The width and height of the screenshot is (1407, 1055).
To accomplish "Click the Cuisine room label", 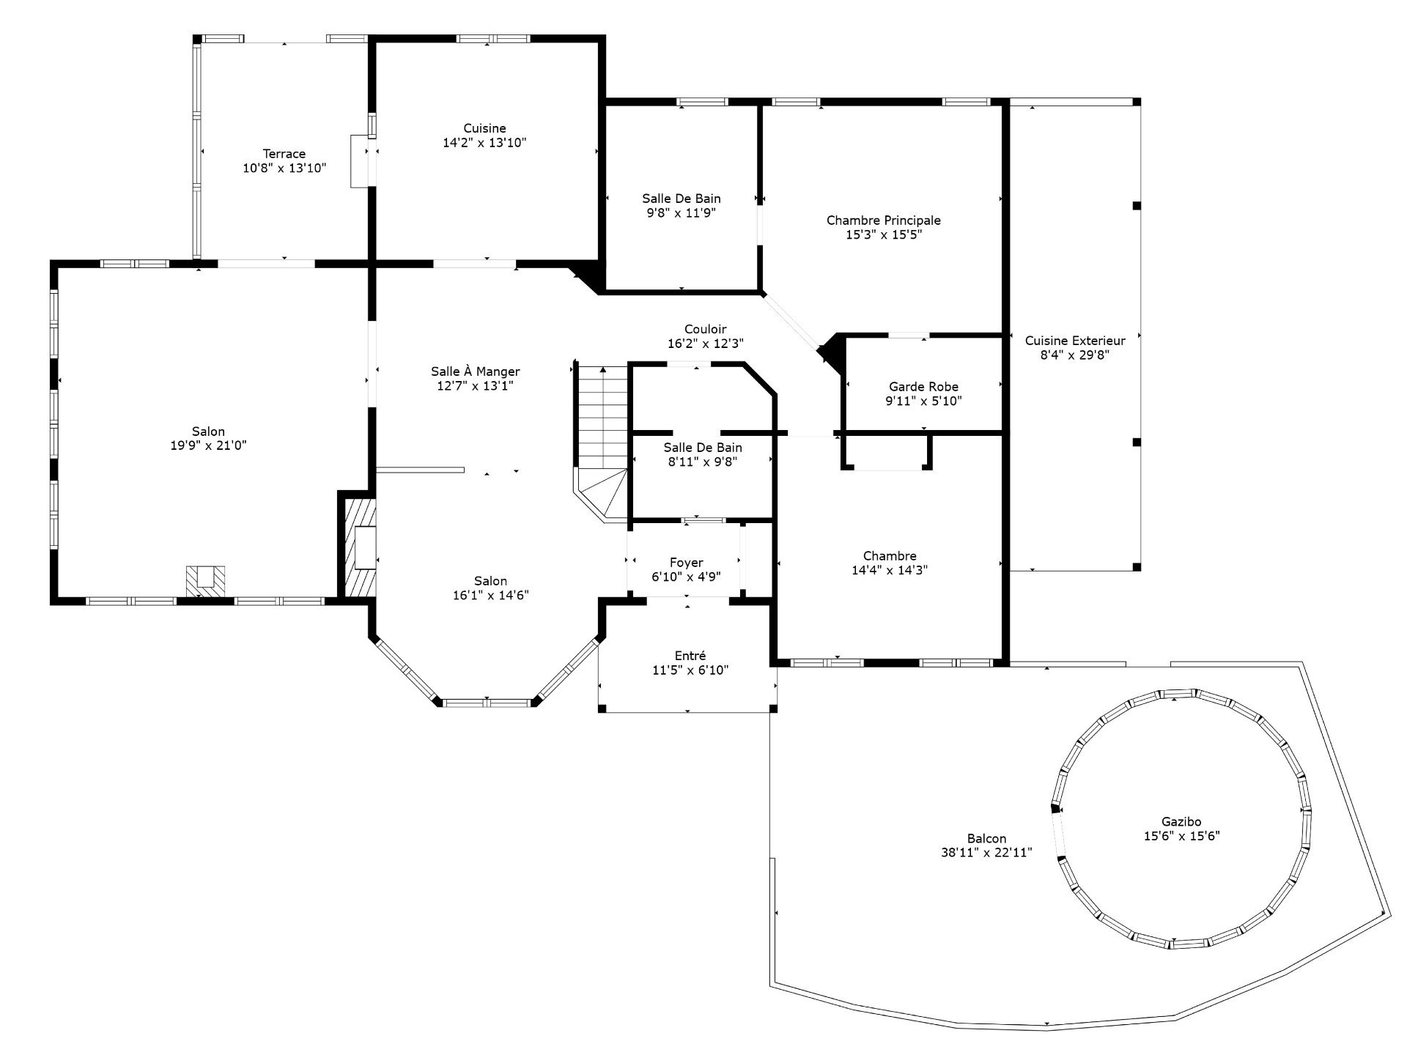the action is (x=484, y=128).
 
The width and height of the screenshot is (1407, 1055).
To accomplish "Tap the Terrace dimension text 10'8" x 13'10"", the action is (x=284, y=168).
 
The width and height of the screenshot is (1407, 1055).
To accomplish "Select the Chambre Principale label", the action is (x=884, y=221).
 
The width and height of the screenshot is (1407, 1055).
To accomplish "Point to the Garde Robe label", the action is (x=923, y=387).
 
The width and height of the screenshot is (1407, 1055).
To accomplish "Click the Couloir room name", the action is (x=705, y=330).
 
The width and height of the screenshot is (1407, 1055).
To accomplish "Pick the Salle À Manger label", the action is (x=476, y=371).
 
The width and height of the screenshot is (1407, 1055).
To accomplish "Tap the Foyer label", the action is (x=686, y=563).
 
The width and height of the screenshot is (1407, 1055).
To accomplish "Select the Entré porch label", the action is (x=690, y=656).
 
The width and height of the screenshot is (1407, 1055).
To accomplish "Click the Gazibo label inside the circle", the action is (x=1181, y=822).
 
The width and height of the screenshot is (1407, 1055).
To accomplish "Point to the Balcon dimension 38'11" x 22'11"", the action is (x=986, y=853).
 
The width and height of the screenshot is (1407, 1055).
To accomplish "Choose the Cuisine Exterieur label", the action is (x=1075, y=341).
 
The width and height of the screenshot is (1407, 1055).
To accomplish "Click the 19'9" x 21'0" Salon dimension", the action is (x=209, y=445).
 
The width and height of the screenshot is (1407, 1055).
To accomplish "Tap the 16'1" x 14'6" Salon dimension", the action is (x=490, y=596).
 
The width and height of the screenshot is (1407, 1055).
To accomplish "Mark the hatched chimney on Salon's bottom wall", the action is (x=205, y=582).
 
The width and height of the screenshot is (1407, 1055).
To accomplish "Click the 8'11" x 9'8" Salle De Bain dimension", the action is (x=703, y=462).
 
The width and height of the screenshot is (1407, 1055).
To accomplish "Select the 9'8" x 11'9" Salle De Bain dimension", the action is (x=682, y=213).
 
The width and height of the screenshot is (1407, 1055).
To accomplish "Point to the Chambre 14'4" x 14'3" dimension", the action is (x=890, y=570).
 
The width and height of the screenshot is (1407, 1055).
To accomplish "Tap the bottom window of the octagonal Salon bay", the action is (x=487, y=703).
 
